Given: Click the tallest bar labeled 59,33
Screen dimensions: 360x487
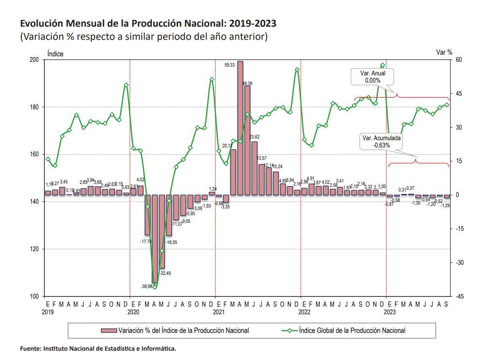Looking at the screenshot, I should tap(240, 127).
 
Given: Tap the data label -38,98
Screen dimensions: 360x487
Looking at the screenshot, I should tap(146, 287).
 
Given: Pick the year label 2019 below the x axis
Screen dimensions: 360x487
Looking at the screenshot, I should tap(47, 312).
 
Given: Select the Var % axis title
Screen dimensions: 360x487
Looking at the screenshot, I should tap(444, 53).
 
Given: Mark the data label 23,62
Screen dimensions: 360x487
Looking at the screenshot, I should tap(255, 137).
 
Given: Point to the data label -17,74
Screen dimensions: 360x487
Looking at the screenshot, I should tap(146, 241).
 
